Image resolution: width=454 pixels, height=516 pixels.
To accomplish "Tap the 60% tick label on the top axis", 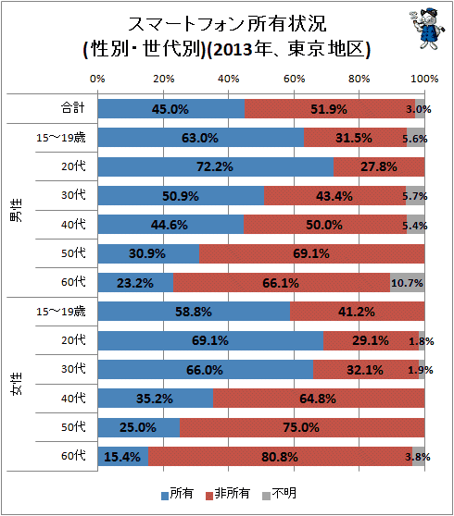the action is click(294, 79).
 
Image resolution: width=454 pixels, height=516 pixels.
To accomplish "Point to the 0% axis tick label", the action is click(97, 79).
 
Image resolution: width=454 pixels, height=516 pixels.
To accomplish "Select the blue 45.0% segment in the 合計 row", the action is click(171, 108).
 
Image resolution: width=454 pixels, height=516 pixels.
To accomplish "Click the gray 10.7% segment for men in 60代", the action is click(408, 282).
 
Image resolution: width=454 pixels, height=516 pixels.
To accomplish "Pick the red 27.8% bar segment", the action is click(379, 166).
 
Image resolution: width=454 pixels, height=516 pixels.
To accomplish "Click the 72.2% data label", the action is click(215, 166).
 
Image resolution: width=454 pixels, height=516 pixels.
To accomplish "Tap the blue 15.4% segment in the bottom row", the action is click(123, 456).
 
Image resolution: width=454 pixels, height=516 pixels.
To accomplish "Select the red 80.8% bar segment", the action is click(280, 456).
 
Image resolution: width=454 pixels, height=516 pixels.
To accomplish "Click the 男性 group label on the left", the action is click(17, 210).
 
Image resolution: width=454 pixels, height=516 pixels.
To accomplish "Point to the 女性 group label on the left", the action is click(17, 384).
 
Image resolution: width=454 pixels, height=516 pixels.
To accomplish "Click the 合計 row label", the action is click(73, 107).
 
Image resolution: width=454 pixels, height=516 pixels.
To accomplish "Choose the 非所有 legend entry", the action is click(228, 494).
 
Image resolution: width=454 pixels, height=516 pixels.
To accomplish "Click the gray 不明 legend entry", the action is click(280, 494).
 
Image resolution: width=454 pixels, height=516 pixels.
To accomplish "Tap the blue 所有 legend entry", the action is click(177, 494).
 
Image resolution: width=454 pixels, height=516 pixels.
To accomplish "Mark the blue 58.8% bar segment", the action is click(194, 312).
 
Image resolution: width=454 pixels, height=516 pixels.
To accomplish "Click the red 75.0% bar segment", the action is click(302, 427).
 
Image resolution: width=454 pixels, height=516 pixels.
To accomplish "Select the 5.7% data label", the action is click(415, 196).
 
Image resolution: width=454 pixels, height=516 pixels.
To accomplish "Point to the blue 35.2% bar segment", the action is click(156, 399).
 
